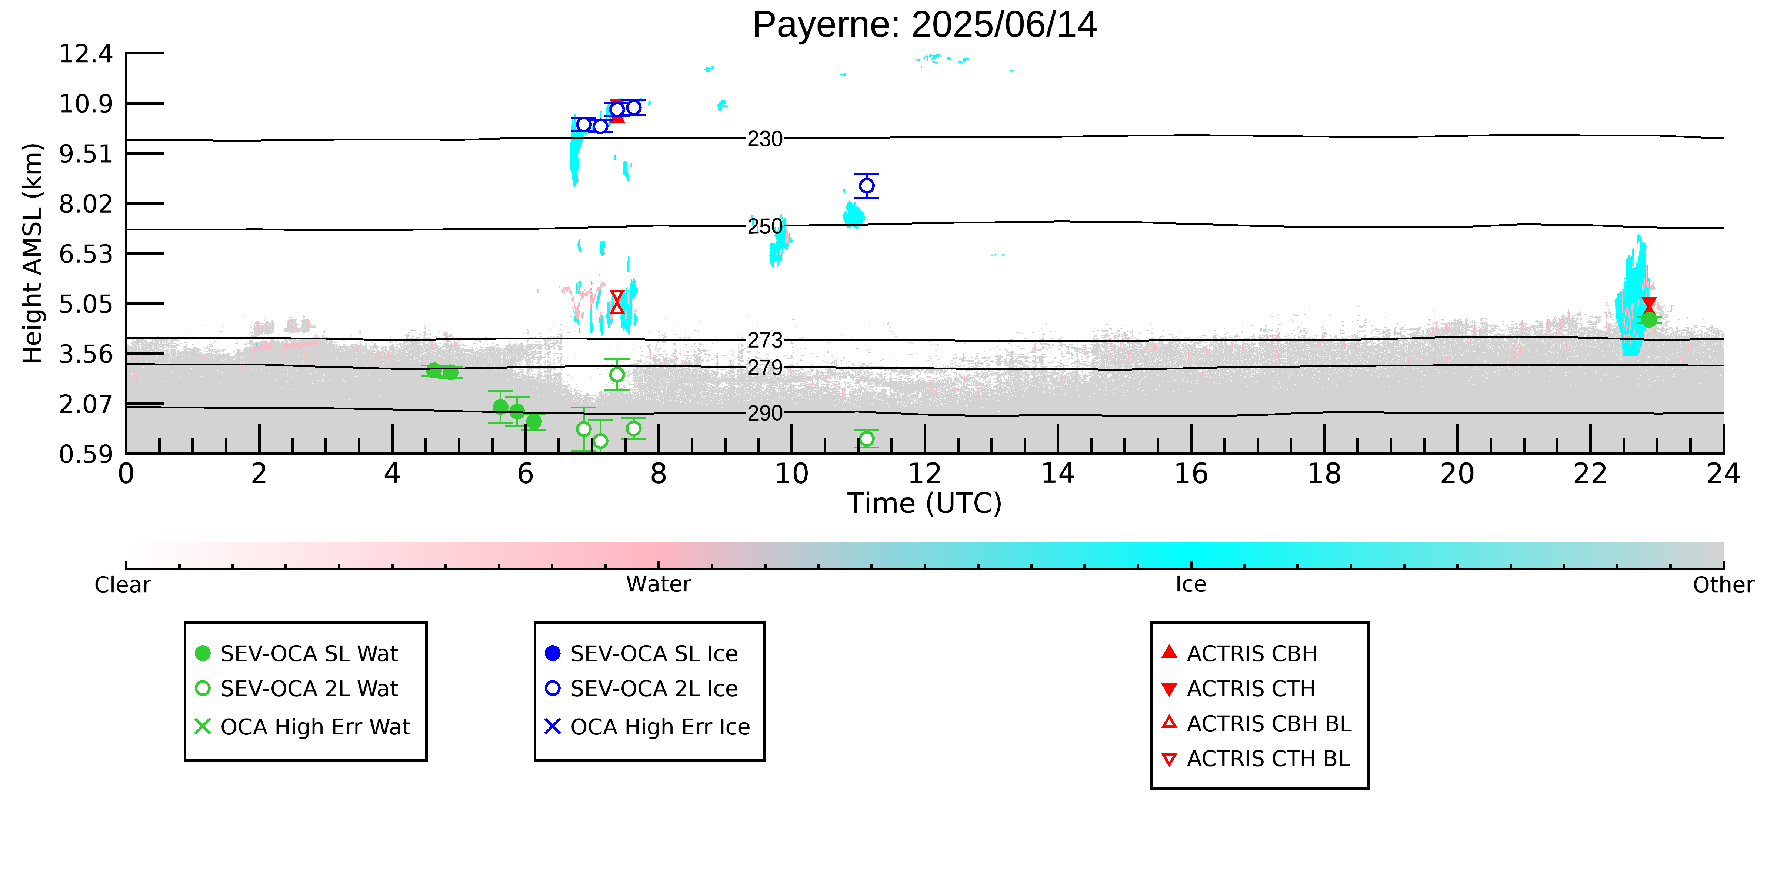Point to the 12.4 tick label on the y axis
86,54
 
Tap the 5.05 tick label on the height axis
86,304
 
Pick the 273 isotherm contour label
765,340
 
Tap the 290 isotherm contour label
765,414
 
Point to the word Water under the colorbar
658,585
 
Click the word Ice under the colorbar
1191,585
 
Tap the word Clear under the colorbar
123,585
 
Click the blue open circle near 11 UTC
866,186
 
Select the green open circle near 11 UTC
866,439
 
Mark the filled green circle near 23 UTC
1649,319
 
